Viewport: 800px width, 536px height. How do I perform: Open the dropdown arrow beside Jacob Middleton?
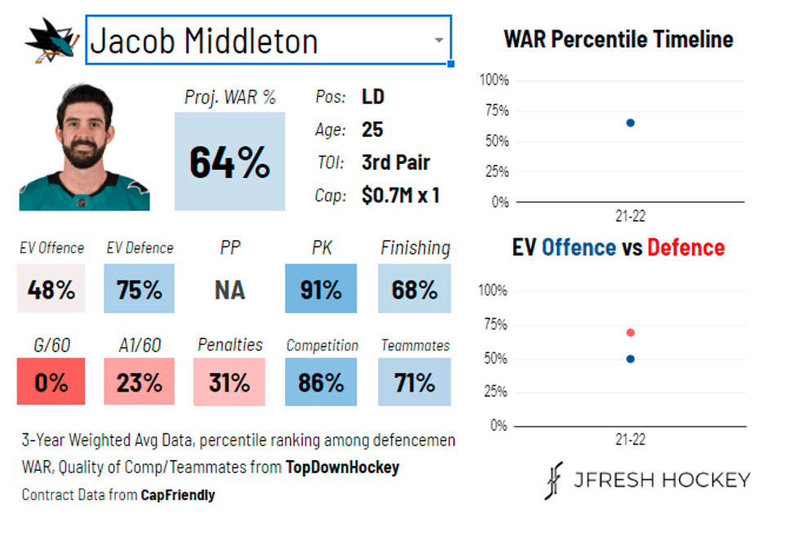(438, 40)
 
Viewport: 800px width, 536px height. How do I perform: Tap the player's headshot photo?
(84, 148)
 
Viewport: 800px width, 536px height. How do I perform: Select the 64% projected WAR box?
(229, 162)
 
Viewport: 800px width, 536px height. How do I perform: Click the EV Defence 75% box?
(139, 289)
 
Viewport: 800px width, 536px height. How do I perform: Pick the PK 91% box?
(320, 289)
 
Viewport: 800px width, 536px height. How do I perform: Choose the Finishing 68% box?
(414, 289)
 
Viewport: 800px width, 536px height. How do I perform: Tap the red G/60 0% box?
(51, 382)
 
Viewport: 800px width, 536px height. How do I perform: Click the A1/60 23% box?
(139, 382)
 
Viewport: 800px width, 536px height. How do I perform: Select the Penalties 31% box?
(229, 382)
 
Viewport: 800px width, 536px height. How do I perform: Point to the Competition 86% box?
(320, 382)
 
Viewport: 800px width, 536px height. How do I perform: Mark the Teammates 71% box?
(414, 382)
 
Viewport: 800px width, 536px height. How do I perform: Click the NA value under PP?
(229, 290)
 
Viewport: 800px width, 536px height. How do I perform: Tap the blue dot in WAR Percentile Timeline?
(630, 122)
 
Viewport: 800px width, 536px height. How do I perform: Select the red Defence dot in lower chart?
(630, 332)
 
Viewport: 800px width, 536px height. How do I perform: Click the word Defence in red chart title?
(686, 247)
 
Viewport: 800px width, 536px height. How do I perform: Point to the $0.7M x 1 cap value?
(400, 196)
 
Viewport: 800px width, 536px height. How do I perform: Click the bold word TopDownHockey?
(343, 467)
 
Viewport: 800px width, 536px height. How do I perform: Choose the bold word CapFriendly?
(178, 494)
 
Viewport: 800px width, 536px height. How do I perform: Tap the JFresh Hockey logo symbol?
(554, 481)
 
